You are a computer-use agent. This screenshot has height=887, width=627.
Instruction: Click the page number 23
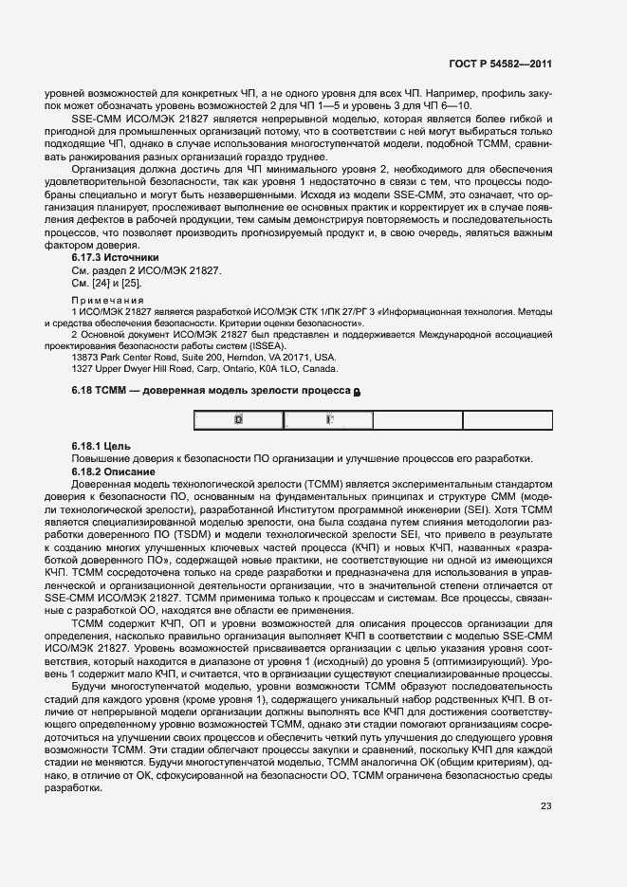(x=545, y=807)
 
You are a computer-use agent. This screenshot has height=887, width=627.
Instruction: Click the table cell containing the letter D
(x=238, y=419)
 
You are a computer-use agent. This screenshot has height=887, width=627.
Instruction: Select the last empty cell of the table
(x=507, y=420)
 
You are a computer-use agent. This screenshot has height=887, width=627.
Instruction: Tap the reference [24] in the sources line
(x=99, y=283)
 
